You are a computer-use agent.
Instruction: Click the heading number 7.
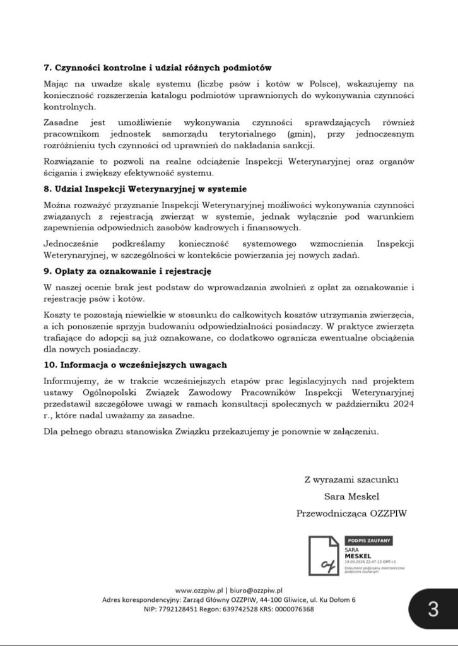(47, 67)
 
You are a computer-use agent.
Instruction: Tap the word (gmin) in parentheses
(302, 134)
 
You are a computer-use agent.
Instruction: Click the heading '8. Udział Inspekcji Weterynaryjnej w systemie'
(145, 189)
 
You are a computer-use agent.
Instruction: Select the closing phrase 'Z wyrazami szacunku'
(351, 480)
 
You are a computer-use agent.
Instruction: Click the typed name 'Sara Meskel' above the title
(350, 496)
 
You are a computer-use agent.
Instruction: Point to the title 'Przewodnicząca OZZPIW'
(351, 514)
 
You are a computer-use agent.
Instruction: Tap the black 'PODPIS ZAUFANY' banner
(369, 540)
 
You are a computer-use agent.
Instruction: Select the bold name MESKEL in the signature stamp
(358, 556)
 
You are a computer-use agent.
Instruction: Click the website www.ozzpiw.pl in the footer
(202, 590)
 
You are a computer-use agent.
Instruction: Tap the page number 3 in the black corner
(433, 609)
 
